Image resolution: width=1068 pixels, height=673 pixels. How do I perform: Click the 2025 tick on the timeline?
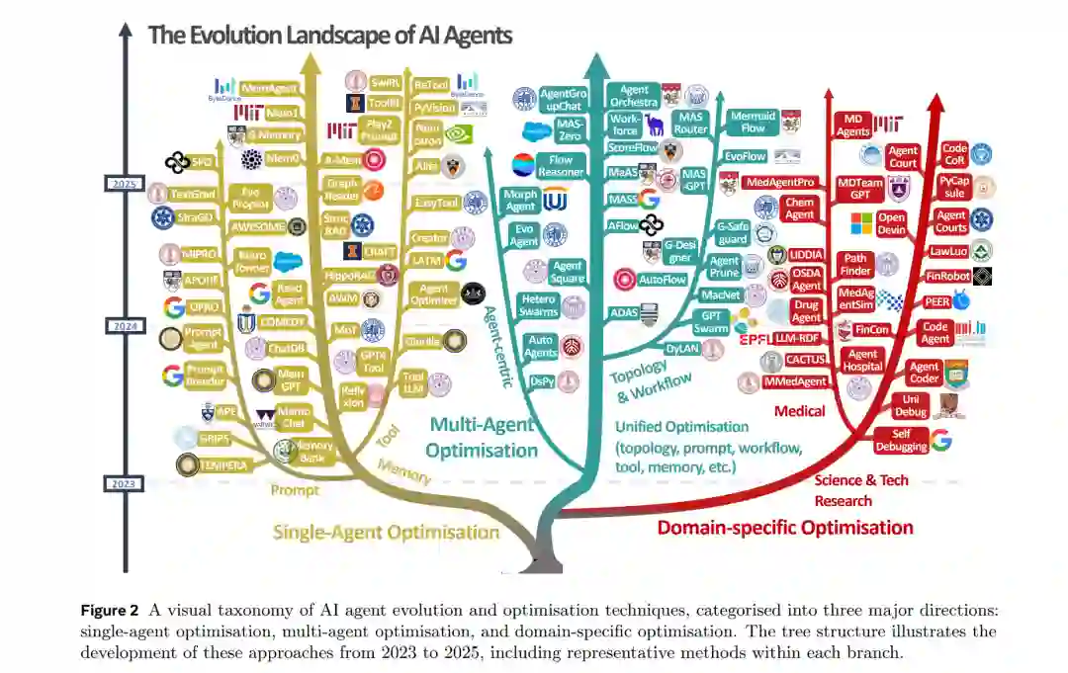[125, 184]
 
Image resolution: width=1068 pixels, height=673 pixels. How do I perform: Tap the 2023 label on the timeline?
[125, 483]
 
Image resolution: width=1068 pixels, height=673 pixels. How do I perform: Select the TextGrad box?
[193, 194]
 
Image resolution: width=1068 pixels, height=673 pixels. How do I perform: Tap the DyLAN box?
[681, 348]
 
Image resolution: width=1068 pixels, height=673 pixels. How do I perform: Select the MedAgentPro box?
[780, 183]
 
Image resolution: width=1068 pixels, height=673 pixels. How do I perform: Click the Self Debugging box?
[901, 440]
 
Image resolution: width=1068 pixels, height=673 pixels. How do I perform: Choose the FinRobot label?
[946, 277]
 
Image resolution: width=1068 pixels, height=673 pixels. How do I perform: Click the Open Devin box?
[892, 223]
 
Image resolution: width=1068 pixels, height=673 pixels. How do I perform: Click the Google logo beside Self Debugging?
[940, 441]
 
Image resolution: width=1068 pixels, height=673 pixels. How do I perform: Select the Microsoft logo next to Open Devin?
[862, 223]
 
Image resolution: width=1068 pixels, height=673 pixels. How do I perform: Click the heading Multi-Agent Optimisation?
[482, 438]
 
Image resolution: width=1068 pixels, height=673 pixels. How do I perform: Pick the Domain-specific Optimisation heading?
[785, 527]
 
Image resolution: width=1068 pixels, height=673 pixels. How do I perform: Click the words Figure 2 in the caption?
[112, 610]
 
